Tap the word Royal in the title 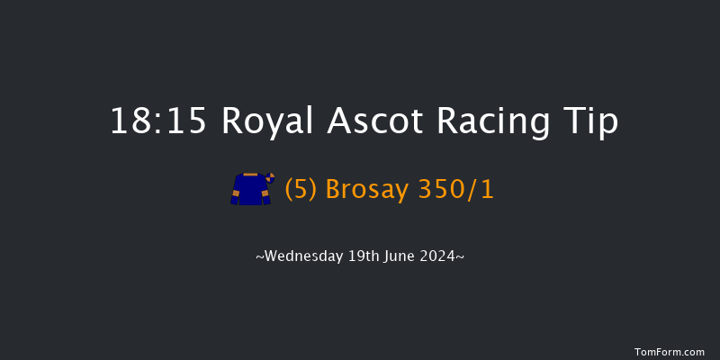coord(264,121)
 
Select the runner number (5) coord(301,190)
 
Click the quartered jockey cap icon coord(268,177)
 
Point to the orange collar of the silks coord(250,175)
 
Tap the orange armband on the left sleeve coord(236,193)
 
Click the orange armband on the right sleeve coord(265,193)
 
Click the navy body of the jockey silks coord(250,191)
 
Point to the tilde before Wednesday coord(260,257)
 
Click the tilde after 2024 coord(461,257)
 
